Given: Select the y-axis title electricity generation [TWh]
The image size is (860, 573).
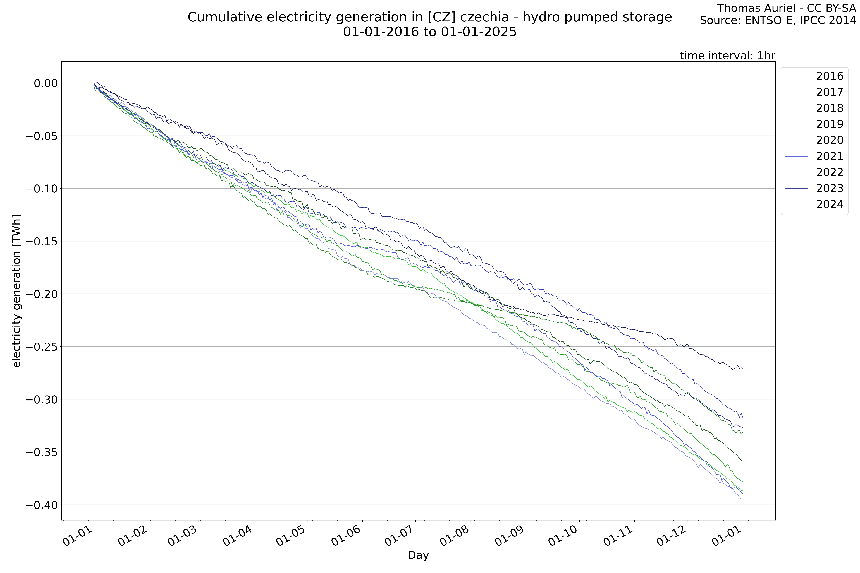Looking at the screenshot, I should point(16,291).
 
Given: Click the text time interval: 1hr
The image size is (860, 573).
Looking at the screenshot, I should point(727,56).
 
